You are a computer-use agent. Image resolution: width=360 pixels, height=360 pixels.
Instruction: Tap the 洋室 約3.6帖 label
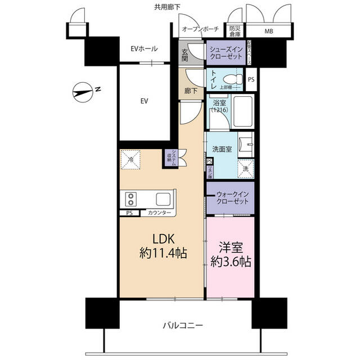[230, 254]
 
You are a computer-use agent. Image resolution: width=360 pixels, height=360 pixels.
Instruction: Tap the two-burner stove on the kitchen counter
[131, 199]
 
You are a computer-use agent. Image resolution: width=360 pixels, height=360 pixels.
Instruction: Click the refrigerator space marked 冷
[130, 159]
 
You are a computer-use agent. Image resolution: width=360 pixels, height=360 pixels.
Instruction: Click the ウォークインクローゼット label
[229, 198]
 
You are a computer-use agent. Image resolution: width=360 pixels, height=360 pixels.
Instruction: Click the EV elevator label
[143, 101]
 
